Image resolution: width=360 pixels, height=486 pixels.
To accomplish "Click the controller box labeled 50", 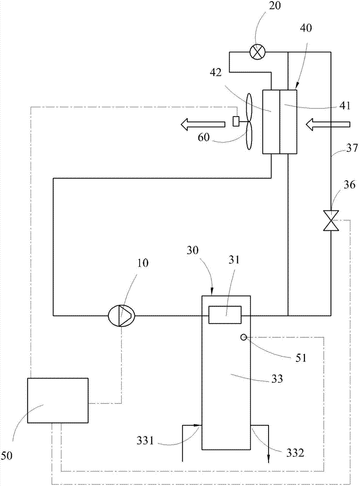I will tap(58, 400).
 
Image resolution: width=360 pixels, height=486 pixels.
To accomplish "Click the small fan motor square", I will tap(236, 121).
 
